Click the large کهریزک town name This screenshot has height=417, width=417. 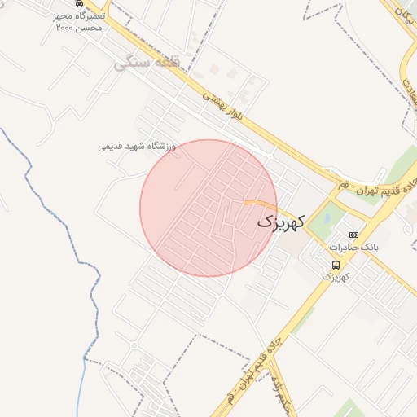pos(281,221)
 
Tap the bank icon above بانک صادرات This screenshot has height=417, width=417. pos(353,234)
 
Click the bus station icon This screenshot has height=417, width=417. pos(336,265)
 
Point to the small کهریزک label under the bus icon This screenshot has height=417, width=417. pos(336,277)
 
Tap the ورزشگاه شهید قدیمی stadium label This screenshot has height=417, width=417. pos(137,147)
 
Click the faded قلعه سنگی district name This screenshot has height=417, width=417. pos(157,61)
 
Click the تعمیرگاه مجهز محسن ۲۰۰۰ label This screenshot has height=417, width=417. pos(80,22)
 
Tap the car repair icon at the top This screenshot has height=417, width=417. pos(78,4)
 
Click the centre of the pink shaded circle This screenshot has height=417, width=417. pos(208,208)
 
